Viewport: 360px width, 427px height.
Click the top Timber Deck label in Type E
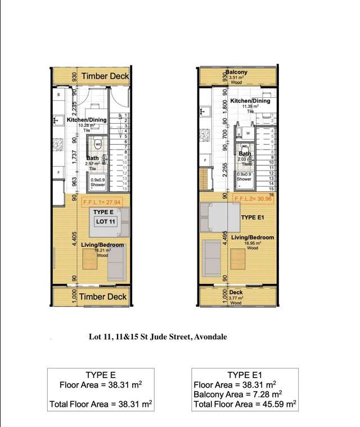tap(105, 76)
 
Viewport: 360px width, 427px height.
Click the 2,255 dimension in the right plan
tap(225, 170)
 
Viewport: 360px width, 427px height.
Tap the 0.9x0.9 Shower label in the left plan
tap(98, 182)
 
